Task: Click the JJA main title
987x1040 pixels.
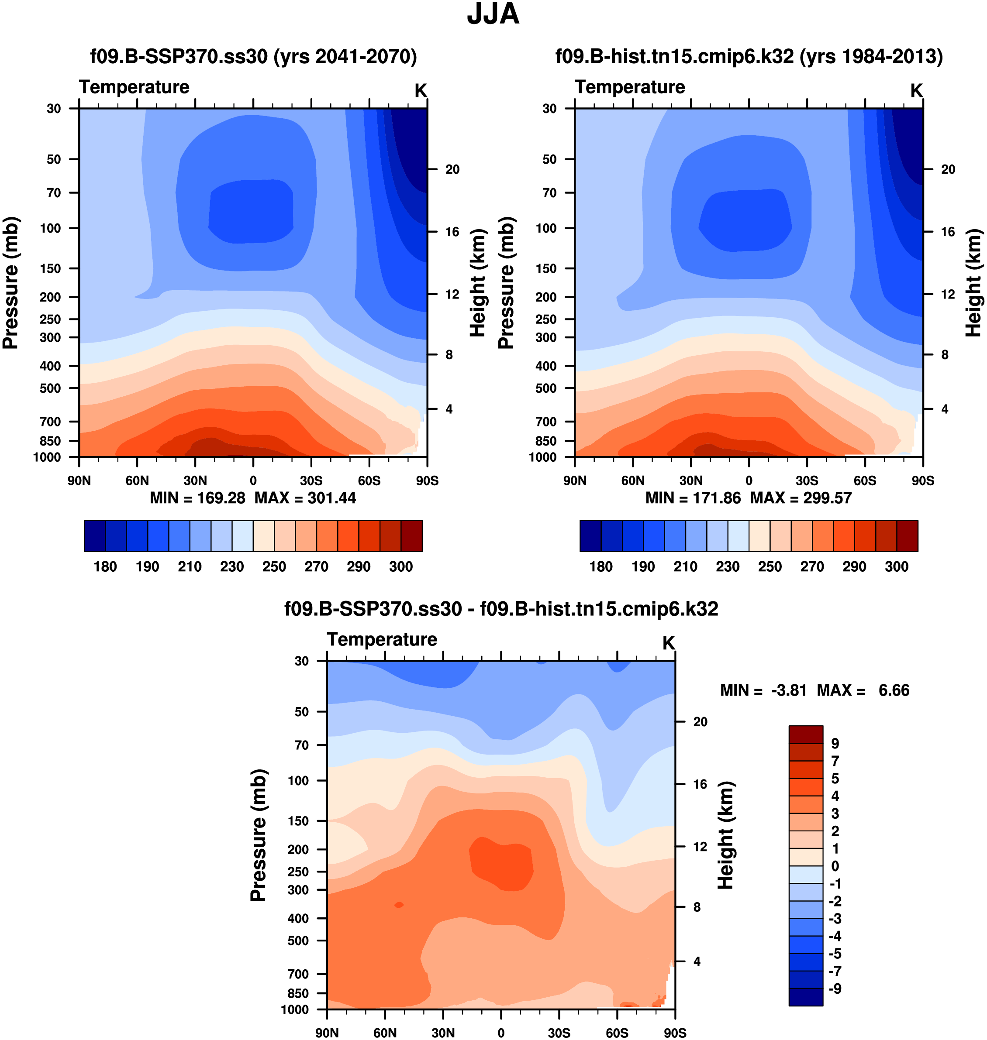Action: tap(493, 14)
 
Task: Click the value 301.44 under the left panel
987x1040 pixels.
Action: tap(331, 498)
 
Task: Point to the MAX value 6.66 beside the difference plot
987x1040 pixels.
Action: tap(894, 690)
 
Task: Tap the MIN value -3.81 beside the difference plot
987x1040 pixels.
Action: tap(789, 690)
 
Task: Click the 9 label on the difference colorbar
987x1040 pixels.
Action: tap(835, 744)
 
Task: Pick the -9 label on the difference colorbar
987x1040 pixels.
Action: tap(835, 989)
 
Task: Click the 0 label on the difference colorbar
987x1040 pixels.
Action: tap(835, 866)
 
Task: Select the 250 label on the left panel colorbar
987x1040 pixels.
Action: tap(274, 567)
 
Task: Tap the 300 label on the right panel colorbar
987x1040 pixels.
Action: tap(897, 567)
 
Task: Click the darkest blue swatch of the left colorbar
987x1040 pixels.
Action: tap(95, 536)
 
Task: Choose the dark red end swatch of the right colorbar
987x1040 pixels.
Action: tap(907, 536)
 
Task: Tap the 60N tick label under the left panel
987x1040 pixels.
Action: tap(137, 481)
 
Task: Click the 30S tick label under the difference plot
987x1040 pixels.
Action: tap(559, 1033)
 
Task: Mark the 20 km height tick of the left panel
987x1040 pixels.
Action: tap(452, 169)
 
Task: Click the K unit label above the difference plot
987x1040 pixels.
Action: tap(668, 643)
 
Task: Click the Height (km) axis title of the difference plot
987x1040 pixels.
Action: tap(726, 835)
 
